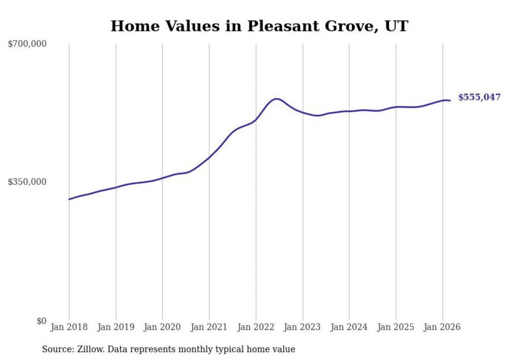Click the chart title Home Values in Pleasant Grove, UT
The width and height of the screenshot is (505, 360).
click(259, 26)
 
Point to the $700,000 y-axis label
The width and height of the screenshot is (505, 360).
click(27, 44)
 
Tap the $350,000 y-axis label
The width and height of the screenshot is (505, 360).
click(27, 182)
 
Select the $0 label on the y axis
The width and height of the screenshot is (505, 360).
click(41, 321)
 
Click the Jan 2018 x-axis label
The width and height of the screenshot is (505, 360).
click(69, 327)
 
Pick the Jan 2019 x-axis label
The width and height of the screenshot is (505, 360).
click(115, 327)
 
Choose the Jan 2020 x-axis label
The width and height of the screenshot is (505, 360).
click(162, 327)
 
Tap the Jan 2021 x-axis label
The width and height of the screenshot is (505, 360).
click(209, 327)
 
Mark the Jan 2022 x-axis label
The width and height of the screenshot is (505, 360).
click(256, 327)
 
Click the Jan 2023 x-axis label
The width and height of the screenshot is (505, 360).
click(302, 327)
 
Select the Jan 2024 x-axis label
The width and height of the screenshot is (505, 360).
click(349, 327)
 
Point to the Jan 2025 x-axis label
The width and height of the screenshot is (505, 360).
click(396, 327)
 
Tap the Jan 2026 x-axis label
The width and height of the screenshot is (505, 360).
click(442, 327)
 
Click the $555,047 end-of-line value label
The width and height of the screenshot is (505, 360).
click(479, 97)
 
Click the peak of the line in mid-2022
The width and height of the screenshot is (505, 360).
click(276, 99)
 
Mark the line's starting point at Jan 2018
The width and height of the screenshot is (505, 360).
click(69, 199)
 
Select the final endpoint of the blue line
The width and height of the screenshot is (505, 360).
click(450, 100)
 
